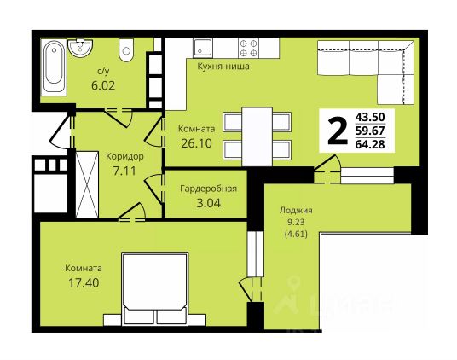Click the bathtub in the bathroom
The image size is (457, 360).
[54, 67]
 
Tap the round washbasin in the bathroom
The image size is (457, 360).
[80, 48]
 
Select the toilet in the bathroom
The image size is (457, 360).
[126, 49]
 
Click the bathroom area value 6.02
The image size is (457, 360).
[103, 85]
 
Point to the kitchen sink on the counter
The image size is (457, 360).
[202, 48]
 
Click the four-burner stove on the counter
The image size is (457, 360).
[249, 48]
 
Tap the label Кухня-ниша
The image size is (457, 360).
[223, 67]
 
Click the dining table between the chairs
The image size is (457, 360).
[257, 136]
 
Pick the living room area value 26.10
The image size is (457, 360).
[196, 143]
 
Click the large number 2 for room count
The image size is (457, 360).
[338, 131]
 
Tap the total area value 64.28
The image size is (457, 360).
[370, 144]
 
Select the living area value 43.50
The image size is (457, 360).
[370, 117]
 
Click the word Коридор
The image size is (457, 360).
[124, 157]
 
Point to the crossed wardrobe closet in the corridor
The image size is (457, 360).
[87, 184]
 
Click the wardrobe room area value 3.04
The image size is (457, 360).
[209, 203]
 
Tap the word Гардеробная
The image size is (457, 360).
[208, 189]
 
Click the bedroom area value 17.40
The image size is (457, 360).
[84, 282]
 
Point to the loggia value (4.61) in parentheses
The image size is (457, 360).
[296, 234]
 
